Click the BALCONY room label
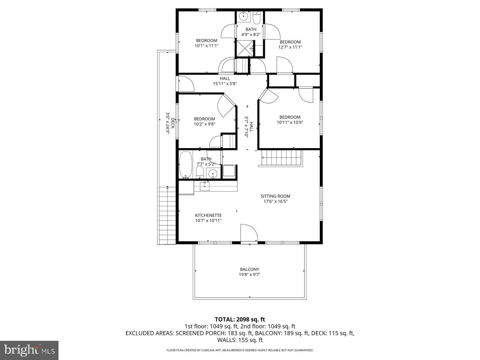coord(250,269)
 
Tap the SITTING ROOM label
coord(275,196)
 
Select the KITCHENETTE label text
coord(208,215)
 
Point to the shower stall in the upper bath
coord(245,48)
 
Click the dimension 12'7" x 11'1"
coord(290,47)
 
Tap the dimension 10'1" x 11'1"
coord(206,46)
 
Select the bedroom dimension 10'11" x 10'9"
coord(290,122)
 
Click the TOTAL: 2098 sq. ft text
coord(240,319)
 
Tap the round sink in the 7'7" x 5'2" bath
coord(213,173)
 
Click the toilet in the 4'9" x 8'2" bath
coord(256,19)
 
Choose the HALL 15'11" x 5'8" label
coord(225,81)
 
